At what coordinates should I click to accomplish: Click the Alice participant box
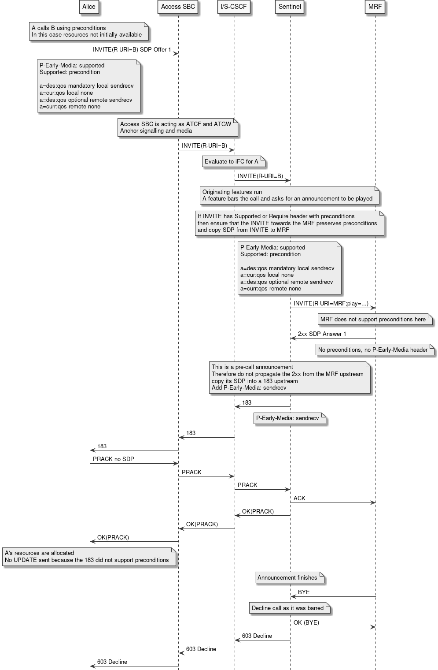[x=89, y=7]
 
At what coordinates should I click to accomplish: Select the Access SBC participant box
[x=178, y=7]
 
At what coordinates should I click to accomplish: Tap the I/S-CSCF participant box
[x=234, y=7]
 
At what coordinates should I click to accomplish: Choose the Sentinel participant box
[x=290, y=7]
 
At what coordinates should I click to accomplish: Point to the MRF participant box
[x=375, y=7]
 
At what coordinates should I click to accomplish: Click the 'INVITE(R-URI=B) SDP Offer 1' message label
[x=132, y=49]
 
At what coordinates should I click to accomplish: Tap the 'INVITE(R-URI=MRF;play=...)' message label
[x=331, y=303]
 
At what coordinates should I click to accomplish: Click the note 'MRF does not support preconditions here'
[x=374, y=319]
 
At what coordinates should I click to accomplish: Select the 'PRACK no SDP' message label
[x=113, y=459]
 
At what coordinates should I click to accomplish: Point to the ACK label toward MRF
[x=299, y=498]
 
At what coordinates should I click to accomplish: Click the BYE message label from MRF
[x=304, y=592]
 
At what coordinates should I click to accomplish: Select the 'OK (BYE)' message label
[x=306, y=622]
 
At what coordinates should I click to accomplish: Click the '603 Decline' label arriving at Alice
[x=112, y=662]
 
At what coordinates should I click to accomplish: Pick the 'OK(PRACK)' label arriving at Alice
[x=113, y=537]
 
